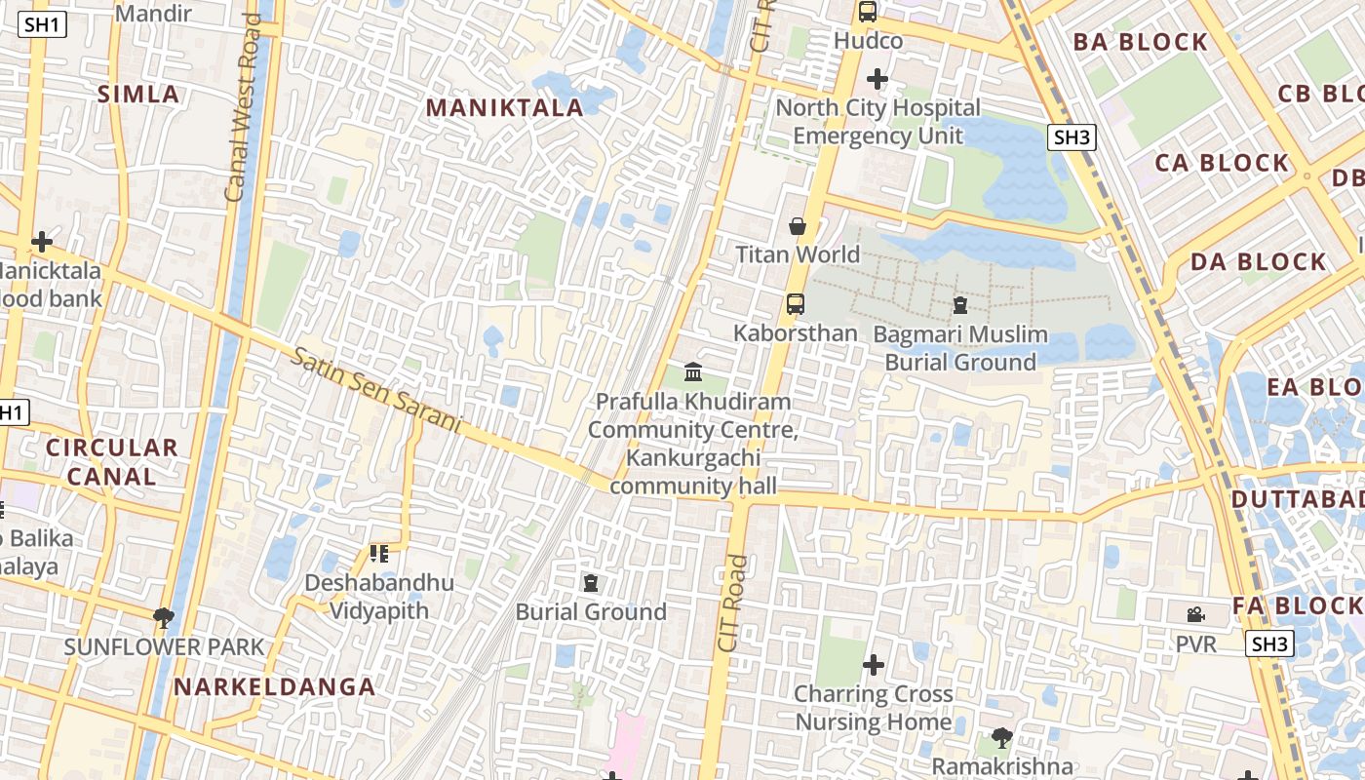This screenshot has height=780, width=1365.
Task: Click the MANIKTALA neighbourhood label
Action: point(504,107)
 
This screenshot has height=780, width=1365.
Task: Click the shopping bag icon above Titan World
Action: point(798,227)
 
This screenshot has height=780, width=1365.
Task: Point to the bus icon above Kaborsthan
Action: point(796,303)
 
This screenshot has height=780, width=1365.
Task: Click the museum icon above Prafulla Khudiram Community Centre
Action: point(693,371)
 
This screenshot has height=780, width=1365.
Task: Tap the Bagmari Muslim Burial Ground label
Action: point(959,348)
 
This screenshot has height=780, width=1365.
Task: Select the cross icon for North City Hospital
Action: point(877,79)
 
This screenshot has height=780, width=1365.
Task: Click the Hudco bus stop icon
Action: point(867,12)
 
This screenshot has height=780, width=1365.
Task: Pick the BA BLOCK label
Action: point(1140,42)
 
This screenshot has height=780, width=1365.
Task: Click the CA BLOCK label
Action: point(1222,163)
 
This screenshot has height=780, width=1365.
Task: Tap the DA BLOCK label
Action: point(1258,261)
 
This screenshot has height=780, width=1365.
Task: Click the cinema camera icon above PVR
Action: point(1195,614)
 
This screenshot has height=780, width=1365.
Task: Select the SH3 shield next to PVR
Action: point(1269,643)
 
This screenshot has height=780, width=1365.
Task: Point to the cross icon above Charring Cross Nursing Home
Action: point(874,665)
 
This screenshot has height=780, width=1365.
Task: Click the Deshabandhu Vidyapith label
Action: point(378,597)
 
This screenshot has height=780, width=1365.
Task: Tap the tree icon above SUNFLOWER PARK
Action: point(164,616)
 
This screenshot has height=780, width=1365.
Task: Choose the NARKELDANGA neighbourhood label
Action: point(274,686)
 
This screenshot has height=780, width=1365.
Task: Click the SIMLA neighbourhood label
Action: point(138,95)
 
